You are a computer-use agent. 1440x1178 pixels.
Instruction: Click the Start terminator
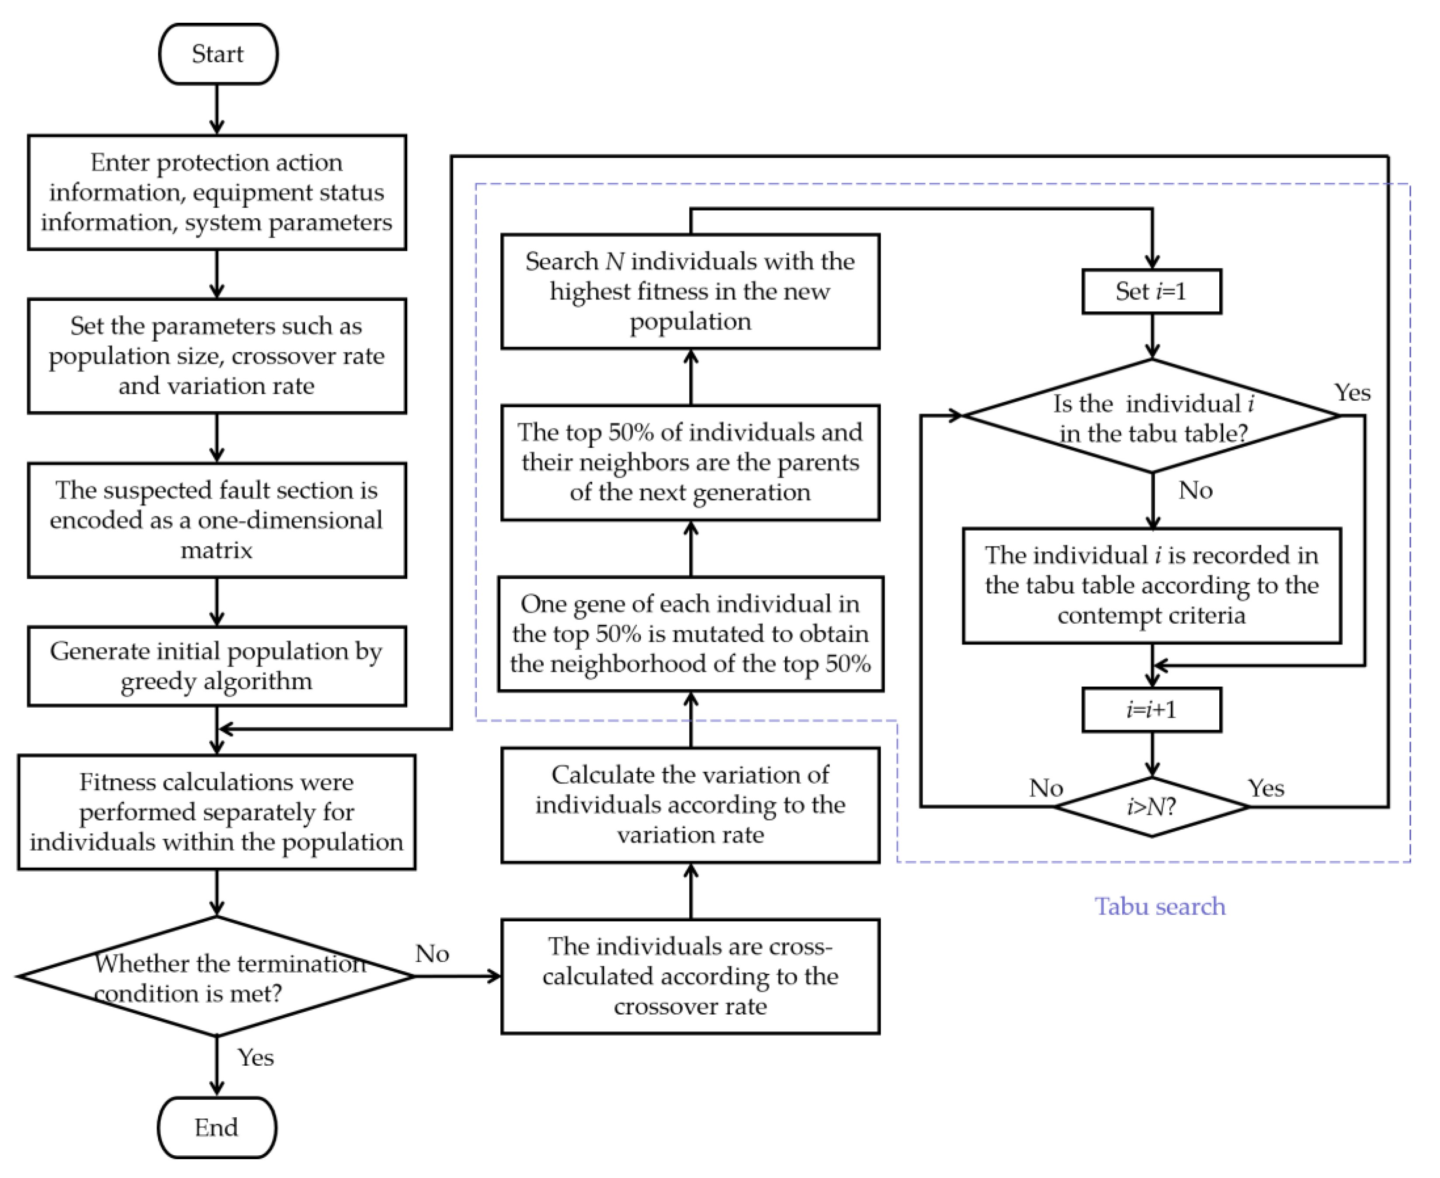pos(218,54)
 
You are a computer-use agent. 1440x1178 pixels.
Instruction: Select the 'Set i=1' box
pos(1151,292)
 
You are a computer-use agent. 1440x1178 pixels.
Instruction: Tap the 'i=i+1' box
pos(1151,710)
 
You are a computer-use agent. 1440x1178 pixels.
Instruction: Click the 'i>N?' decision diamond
pos(1151,807)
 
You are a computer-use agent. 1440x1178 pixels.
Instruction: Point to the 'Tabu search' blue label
pos(1160,907)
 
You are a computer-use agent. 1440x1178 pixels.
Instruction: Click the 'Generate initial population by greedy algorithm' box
pos(216,666)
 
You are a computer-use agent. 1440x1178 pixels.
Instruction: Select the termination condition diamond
pos(216,977)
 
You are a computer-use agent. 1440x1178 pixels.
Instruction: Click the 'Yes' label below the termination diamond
pos(256,1057)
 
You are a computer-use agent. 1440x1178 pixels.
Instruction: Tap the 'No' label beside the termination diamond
pos(432,953)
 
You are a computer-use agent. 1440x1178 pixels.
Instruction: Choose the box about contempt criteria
pos(1151,585)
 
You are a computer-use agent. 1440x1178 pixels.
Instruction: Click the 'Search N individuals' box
pos(690,292)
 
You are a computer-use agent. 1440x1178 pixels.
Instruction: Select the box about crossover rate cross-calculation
pos(690,976)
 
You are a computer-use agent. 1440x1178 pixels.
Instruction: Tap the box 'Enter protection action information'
pos(216,192)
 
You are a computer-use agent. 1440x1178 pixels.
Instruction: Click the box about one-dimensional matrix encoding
pos(216,520)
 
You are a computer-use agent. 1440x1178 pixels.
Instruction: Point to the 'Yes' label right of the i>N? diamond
pos(1266,788)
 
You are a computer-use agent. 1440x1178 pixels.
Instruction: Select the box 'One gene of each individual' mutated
pos(690,634)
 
